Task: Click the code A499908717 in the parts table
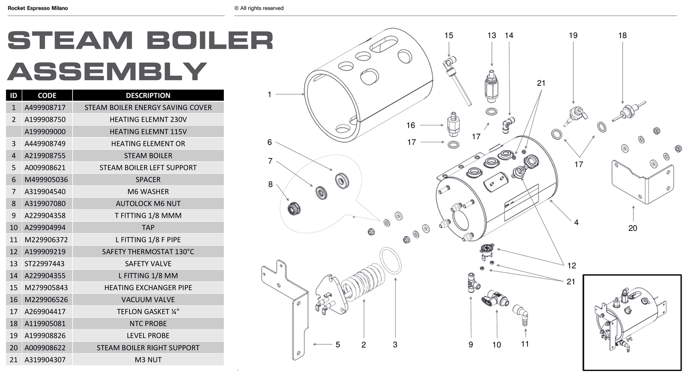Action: (45, 107)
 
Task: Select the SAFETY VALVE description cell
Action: (148, 264)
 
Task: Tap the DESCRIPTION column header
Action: (148, 96)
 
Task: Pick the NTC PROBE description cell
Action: (148, 323)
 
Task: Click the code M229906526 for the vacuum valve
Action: (45, 299)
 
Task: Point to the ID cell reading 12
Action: (14, 252)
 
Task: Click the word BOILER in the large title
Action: (210, 40)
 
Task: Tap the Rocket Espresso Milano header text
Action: (38, 8)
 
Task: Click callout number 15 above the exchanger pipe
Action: (449, 35)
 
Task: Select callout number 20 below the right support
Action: (633, 228)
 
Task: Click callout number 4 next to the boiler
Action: (576, 222)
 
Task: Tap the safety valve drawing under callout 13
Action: (491, 86)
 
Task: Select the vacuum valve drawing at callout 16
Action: (453, 124)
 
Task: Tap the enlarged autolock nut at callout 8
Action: (294, 209)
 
